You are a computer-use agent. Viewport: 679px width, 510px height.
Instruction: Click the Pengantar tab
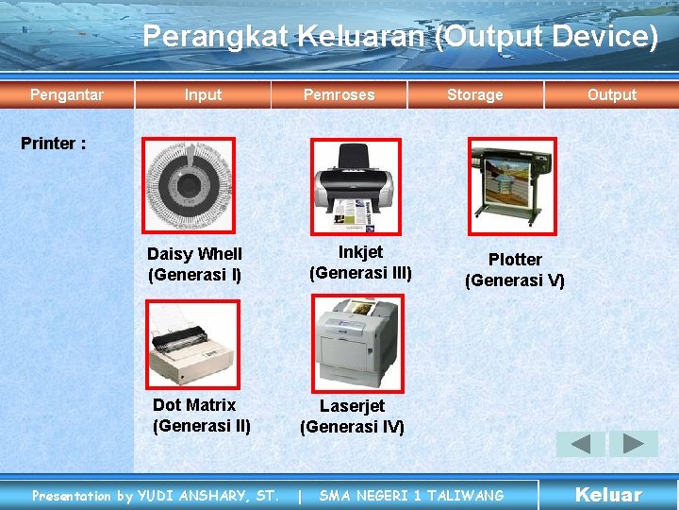[x=67, y=94]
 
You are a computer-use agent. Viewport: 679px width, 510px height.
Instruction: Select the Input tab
[x=203, y=94]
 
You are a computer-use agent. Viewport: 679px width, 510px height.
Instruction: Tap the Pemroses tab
[x=339, y=94]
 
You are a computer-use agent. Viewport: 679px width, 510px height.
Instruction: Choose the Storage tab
[x=474, y=94]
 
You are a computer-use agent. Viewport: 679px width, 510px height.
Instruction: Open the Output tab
[x=611, y=94]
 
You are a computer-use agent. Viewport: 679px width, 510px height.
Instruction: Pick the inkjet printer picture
[x=356, y=186]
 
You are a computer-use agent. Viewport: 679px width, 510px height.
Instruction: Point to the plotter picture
[x=512, y=185]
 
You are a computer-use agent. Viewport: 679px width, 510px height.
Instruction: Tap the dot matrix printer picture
[x=193, y=344]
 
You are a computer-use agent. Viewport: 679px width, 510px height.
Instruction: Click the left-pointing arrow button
[x=581, y=444]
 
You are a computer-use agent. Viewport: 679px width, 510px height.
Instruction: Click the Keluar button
[x=608, y=495]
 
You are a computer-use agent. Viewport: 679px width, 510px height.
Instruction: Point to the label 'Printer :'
[x=54, y=144]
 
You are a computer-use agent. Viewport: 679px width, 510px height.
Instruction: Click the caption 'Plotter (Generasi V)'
[x=515, y=270]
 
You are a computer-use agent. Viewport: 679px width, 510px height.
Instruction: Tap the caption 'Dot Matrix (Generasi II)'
[x=201, y=415]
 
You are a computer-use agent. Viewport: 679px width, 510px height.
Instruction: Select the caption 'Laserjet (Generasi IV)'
[x=352, y=416]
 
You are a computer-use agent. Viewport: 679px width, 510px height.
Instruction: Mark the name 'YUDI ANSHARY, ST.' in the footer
[x=208, y=495]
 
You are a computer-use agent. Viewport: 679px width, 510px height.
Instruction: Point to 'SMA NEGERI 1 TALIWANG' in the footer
[x=411, y=495]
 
